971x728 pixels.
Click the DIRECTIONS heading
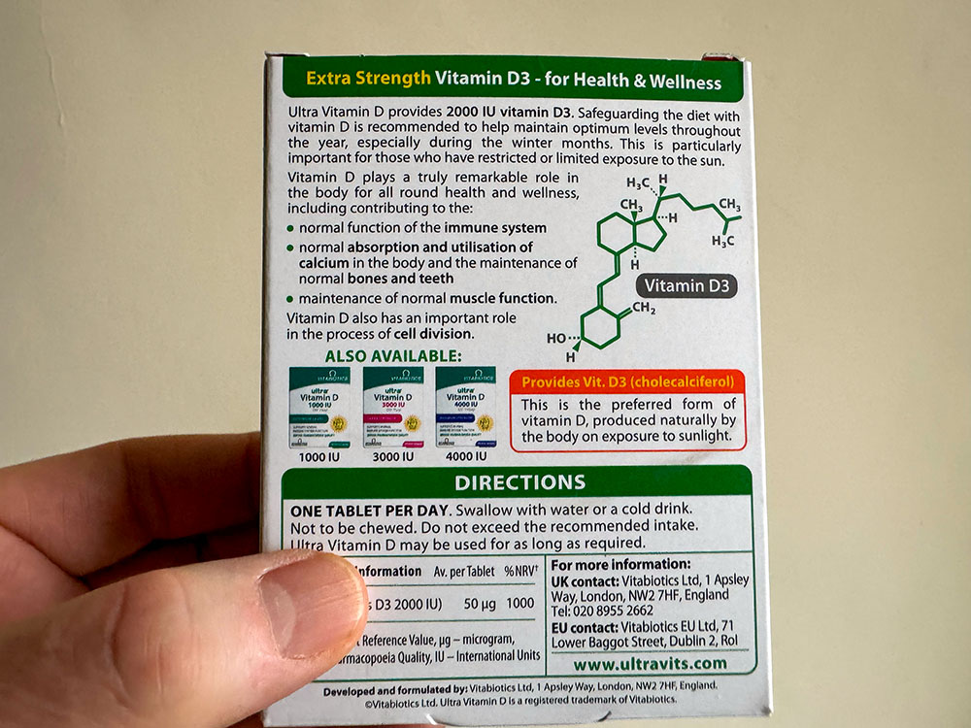[x=520, y=482]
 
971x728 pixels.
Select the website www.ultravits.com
[x=650, y=663]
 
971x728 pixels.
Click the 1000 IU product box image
[x=324, y=407]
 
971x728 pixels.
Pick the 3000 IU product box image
[x=393, y=407]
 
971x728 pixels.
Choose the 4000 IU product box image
[x=465, y=407]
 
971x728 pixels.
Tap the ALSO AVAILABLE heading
[x=393, y=356]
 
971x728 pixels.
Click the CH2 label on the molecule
[x=646, y=308]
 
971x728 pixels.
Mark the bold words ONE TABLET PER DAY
[x=368, y=510]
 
